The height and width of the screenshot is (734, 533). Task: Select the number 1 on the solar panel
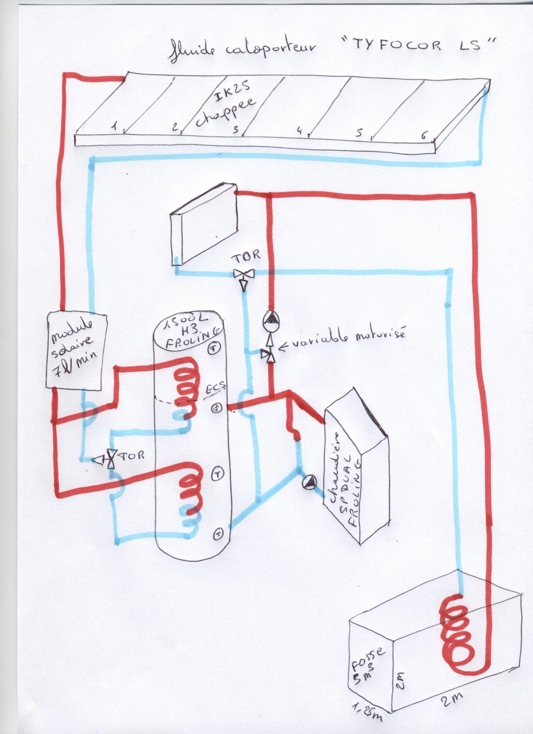coord(115,127)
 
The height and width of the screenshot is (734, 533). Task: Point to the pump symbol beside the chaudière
coord(309,482)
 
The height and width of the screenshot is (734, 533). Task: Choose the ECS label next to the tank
coord(215,390)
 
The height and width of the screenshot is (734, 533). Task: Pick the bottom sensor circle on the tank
coord(218,533)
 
